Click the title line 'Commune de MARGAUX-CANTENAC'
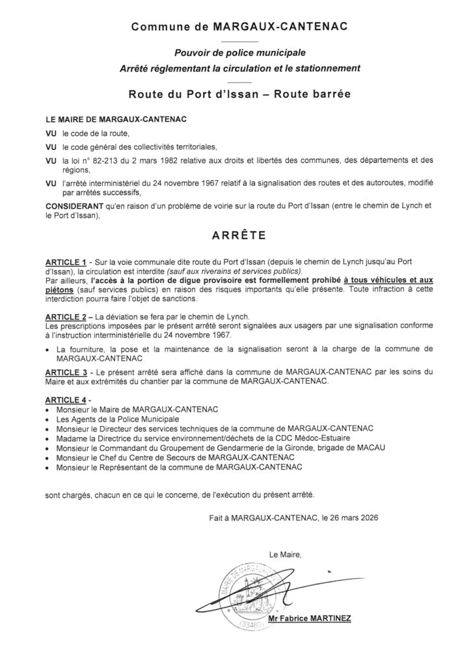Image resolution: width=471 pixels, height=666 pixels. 239,27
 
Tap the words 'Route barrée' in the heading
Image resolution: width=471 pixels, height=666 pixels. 312,93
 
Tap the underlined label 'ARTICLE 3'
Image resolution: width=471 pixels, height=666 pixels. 66,370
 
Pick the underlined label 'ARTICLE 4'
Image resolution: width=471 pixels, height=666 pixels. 66,399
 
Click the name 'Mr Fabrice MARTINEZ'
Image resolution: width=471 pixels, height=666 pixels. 310,619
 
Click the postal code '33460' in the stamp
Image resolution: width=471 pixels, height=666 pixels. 248,625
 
